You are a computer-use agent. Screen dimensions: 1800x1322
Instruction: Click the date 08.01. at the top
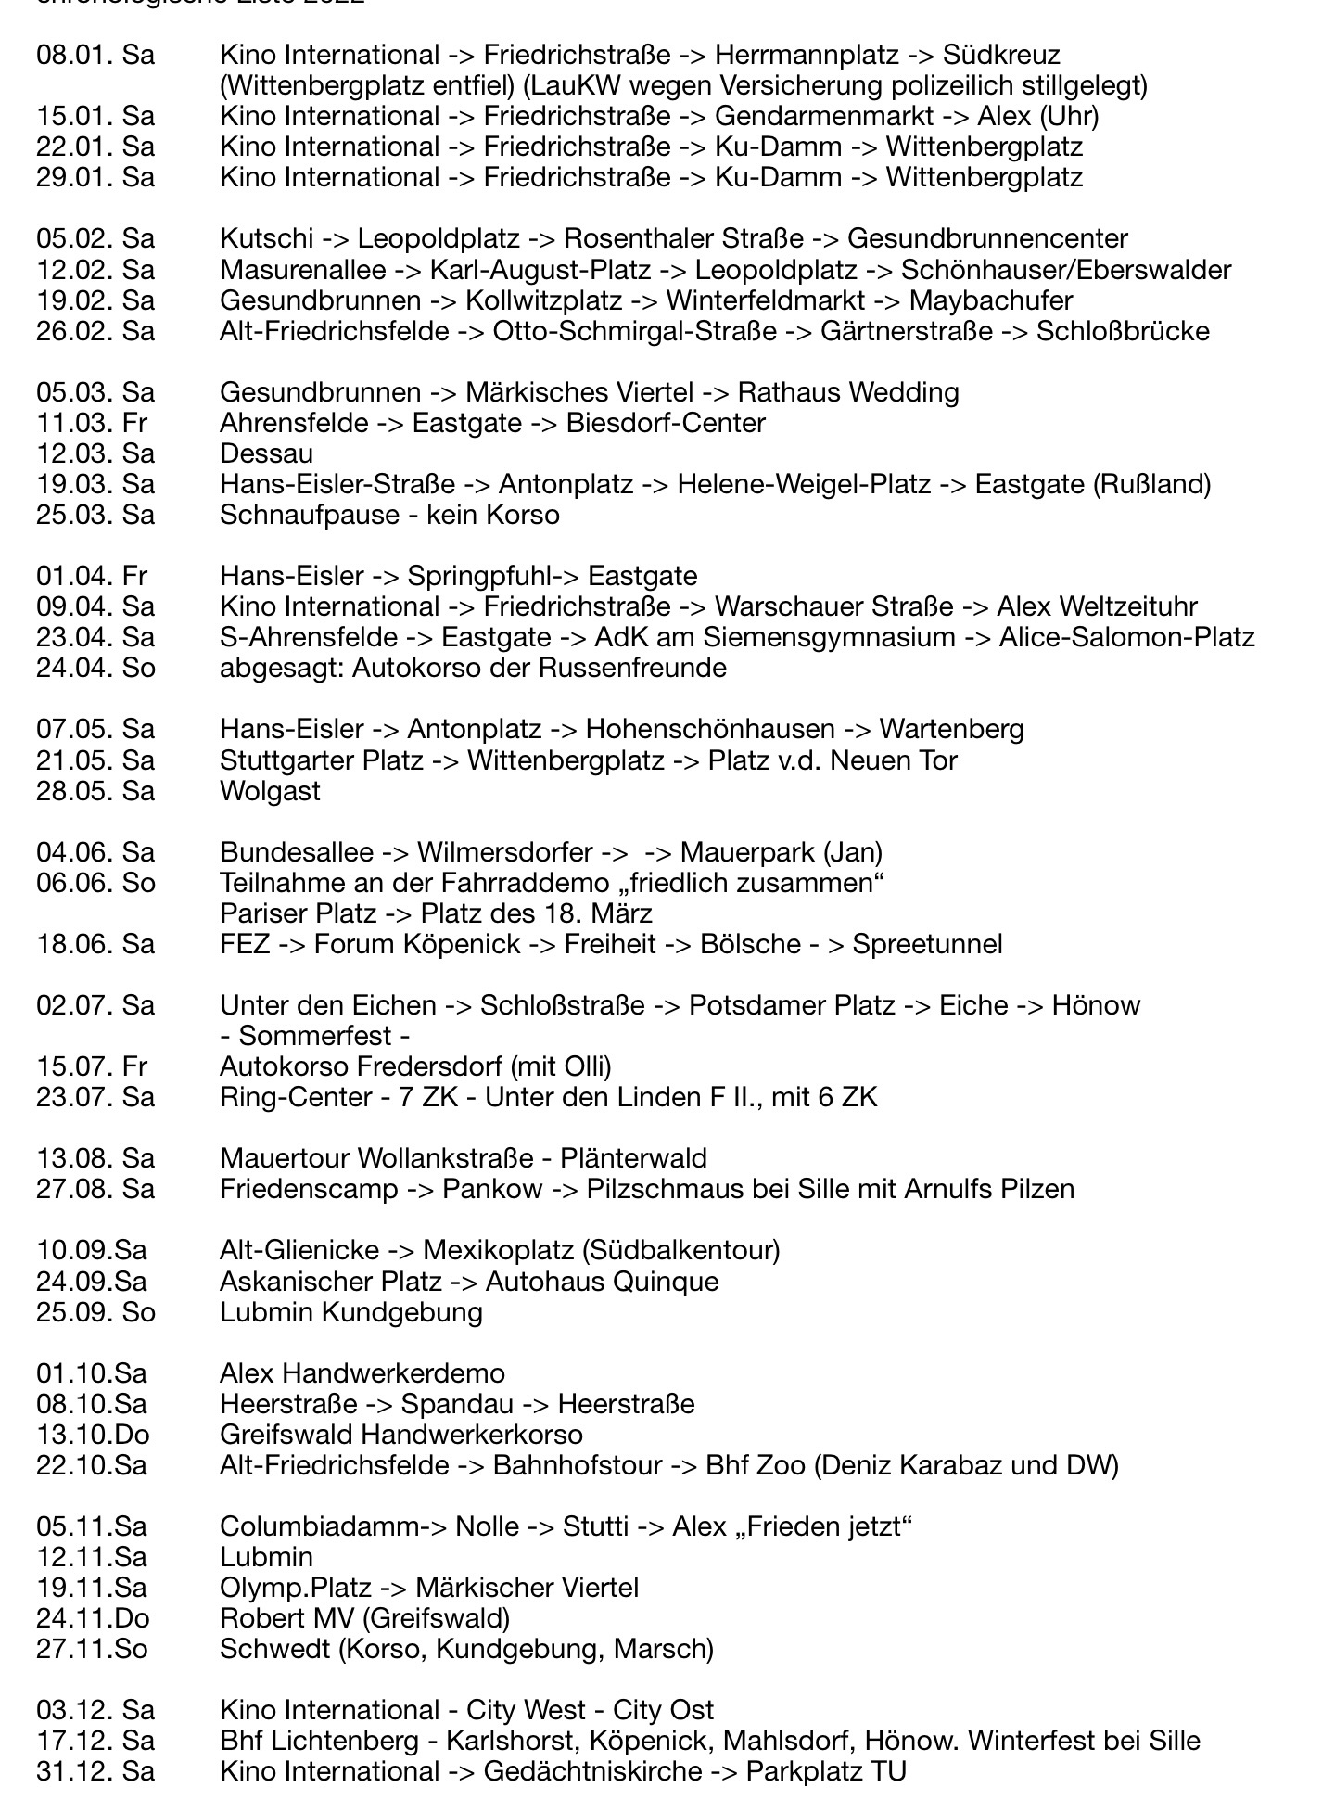(74, 56)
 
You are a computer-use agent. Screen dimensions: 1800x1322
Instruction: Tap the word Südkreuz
(1001, 56)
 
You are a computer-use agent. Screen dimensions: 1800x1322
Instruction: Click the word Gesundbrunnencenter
(987, 239)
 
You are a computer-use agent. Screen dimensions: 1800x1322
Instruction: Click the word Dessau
(266, 453)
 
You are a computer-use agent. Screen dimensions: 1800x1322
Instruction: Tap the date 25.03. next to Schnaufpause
(74, 515)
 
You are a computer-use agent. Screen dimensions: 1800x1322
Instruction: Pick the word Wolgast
(270, 791)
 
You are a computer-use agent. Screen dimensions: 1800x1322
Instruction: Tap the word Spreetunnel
(927, 944)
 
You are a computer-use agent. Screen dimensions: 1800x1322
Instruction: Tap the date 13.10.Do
(93, 1435)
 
